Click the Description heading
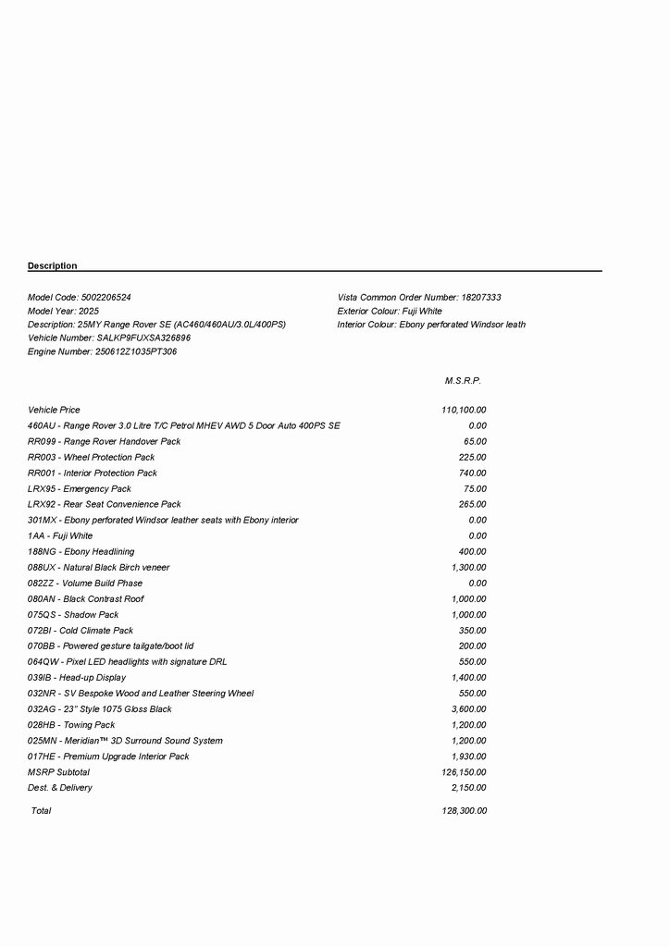(53, 266)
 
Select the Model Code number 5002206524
(106, 298)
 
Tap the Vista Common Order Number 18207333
(480, 298)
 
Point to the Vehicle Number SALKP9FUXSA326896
(143, 338)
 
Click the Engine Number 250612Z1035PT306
(136, 352)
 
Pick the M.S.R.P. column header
(463, 381)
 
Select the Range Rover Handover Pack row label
(105, 442)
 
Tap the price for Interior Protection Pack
(472, 473)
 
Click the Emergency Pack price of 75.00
(475, 489)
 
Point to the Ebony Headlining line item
(81, 552)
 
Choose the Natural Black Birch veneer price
(468, 568)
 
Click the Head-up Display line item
(77, 678)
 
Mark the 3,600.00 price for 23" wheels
(468, 709)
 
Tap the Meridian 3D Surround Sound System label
(125, 741)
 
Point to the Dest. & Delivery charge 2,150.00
(468, 788)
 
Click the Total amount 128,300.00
(465, 811)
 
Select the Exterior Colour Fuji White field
(390, 312)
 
